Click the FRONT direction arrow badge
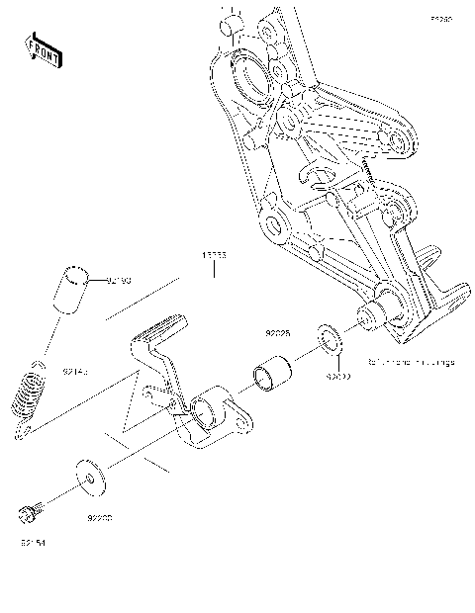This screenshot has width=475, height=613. point(43,48)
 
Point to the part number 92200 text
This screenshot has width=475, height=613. point(99,516)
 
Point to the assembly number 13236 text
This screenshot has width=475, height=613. point(216,255)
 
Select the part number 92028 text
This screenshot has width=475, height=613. point(276,335)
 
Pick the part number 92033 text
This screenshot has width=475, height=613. point(339,377)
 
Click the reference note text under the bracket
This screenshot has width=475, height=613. point(410,363)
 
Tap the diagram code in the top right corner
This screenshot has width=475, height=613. point(440,19)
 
